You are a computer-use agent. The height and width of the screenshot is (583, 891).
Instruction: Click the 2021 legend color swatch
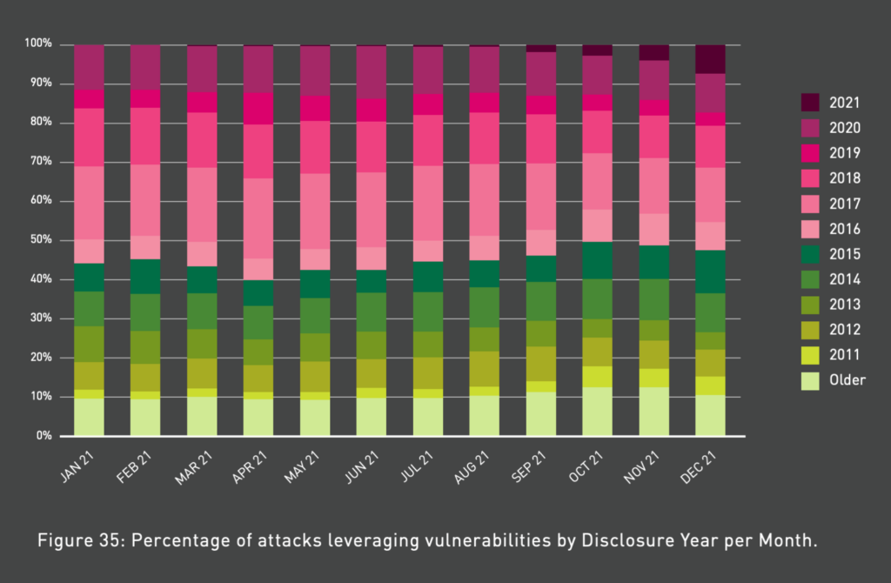click(810, 103)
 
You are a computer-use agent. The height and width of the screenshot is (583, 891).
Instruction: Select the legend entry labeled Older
click(847, 379)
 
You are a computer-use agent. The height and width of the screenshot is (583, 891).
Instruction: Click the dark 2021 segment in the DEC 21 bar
click(710, 58)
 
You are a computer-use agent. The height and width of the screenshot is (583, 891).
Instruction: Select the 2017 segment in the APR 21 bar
click(258, 218)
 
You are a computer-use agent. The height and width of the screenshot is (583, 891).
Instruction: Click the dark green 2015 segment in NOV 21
click(653, 262)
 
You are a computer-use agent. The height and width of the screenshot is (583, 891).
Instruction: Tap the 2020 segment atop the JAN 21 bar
click(89, 66)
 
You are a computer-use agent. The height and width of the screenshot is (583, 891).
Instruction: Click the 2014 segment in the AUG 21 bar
click(484, 306)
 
